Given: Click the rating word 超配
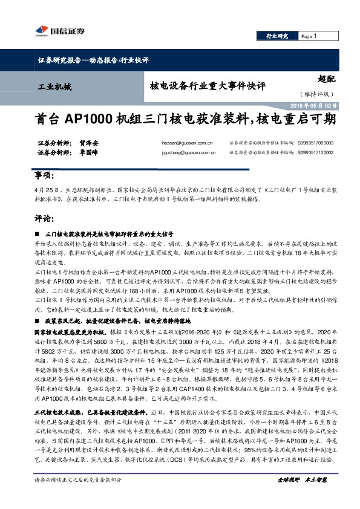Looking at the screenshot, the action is pos(326,79).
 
